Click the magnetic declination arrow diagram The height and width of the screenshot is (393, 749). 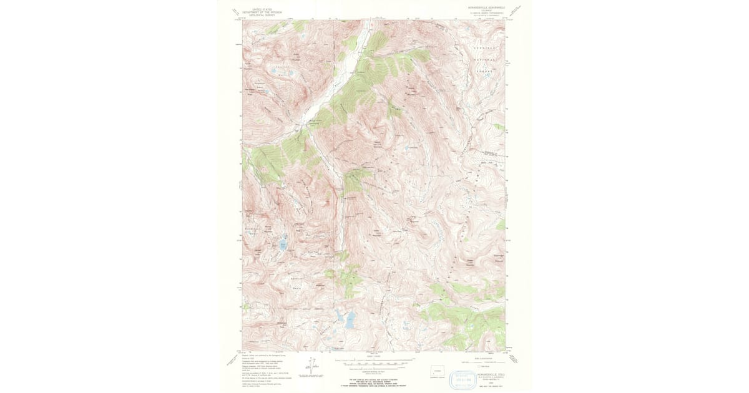pos(311,366)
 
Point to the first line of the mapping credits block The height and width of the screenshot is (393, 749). pos(262,354)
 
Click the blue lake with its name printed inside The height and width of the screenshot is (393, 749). pos(283,245)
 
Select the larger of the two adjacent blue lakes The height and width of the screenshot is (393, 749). pos(350,320)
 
